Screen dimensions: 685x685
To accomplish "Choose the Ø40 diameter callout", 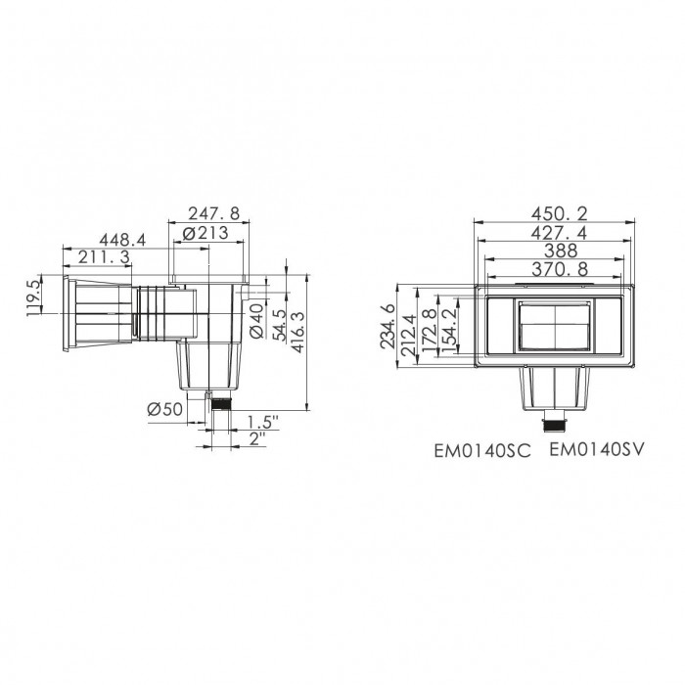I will click(x=256, y=320).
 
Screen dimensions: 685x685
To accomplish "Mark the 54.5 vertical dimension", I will click(x=279, y=322).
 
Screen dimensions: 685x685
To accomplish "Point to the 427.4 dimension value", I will click(x=556, y=232).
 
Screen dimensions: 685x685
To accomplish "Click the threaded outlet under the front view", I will click(x=554, y=425).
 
